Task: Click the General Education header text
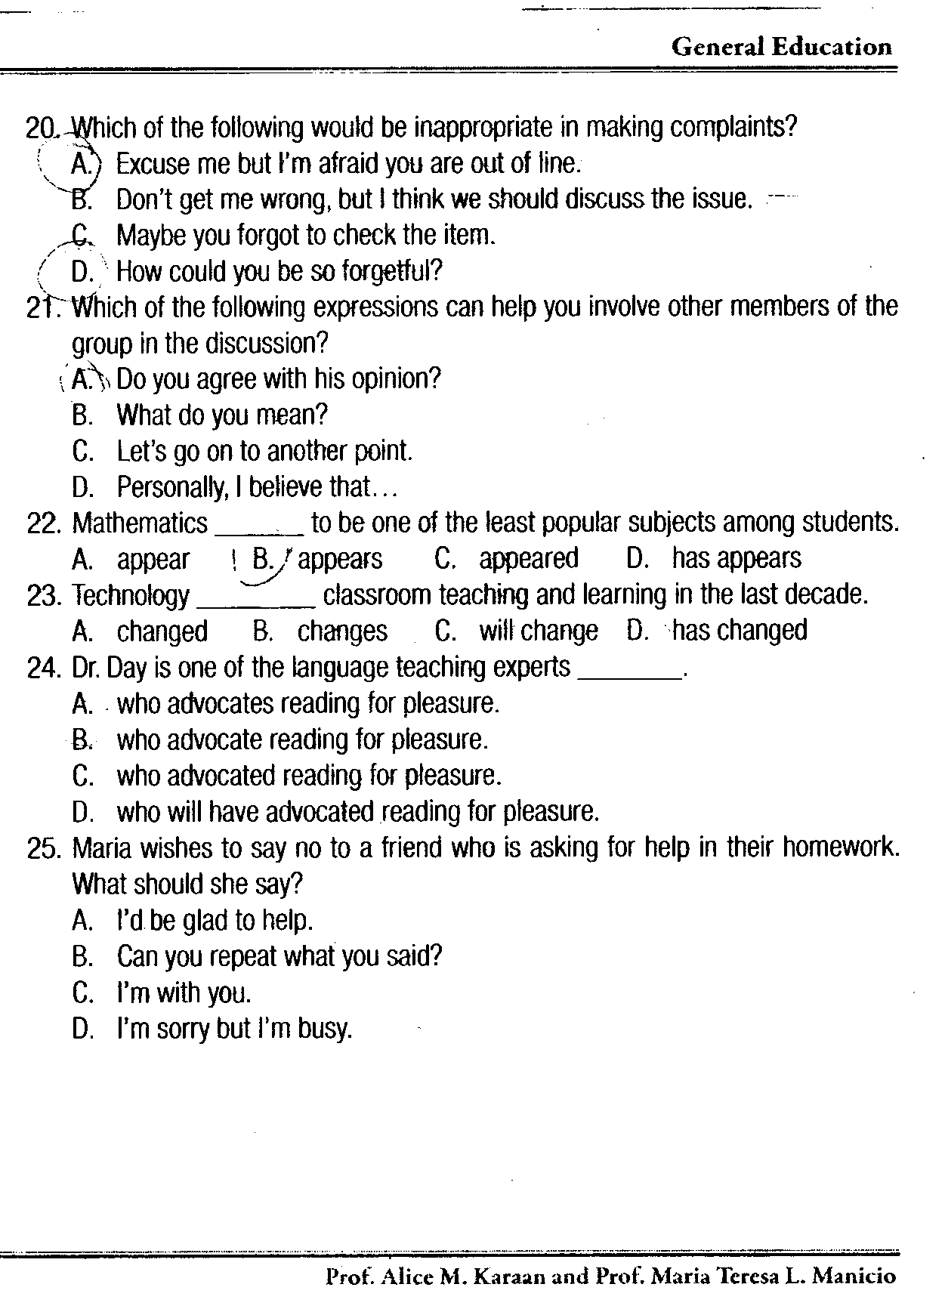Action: point(781,47)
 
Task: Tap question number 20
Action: point(42,127)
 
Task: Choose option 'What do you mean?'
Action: point(222,415)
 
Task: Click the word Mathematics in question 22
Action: point(140,523)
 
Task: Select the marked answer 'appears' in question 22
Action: point(340,559)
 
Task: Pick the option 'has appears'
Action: point(736,558)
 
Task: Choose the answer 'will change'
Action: point(538,631)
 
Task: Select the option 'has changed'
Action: point(739,630)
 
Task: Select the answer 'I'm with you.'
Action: point(184,992)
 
